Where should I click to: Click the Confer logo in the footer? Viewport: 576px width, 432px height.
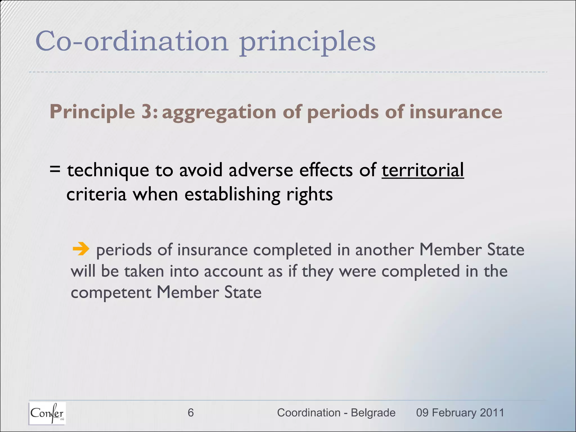[47, 413]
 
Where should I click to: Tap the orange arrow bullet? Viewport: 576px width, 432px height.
[81, 249]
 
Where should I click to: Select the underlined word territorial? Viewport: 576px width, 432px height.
[422, 170]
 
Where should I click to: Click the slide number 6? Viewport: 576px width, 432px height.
[190, 413]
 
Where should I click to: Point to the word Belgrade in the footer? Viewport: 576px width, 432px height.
[373, 413]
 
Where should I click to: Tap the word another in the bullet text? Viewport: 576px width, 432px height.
[384, 250]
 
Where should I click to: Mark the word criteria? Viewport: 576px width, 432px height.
[96, 194]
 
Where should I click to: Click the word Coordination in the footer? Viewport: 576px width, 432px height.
[309, 413]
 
